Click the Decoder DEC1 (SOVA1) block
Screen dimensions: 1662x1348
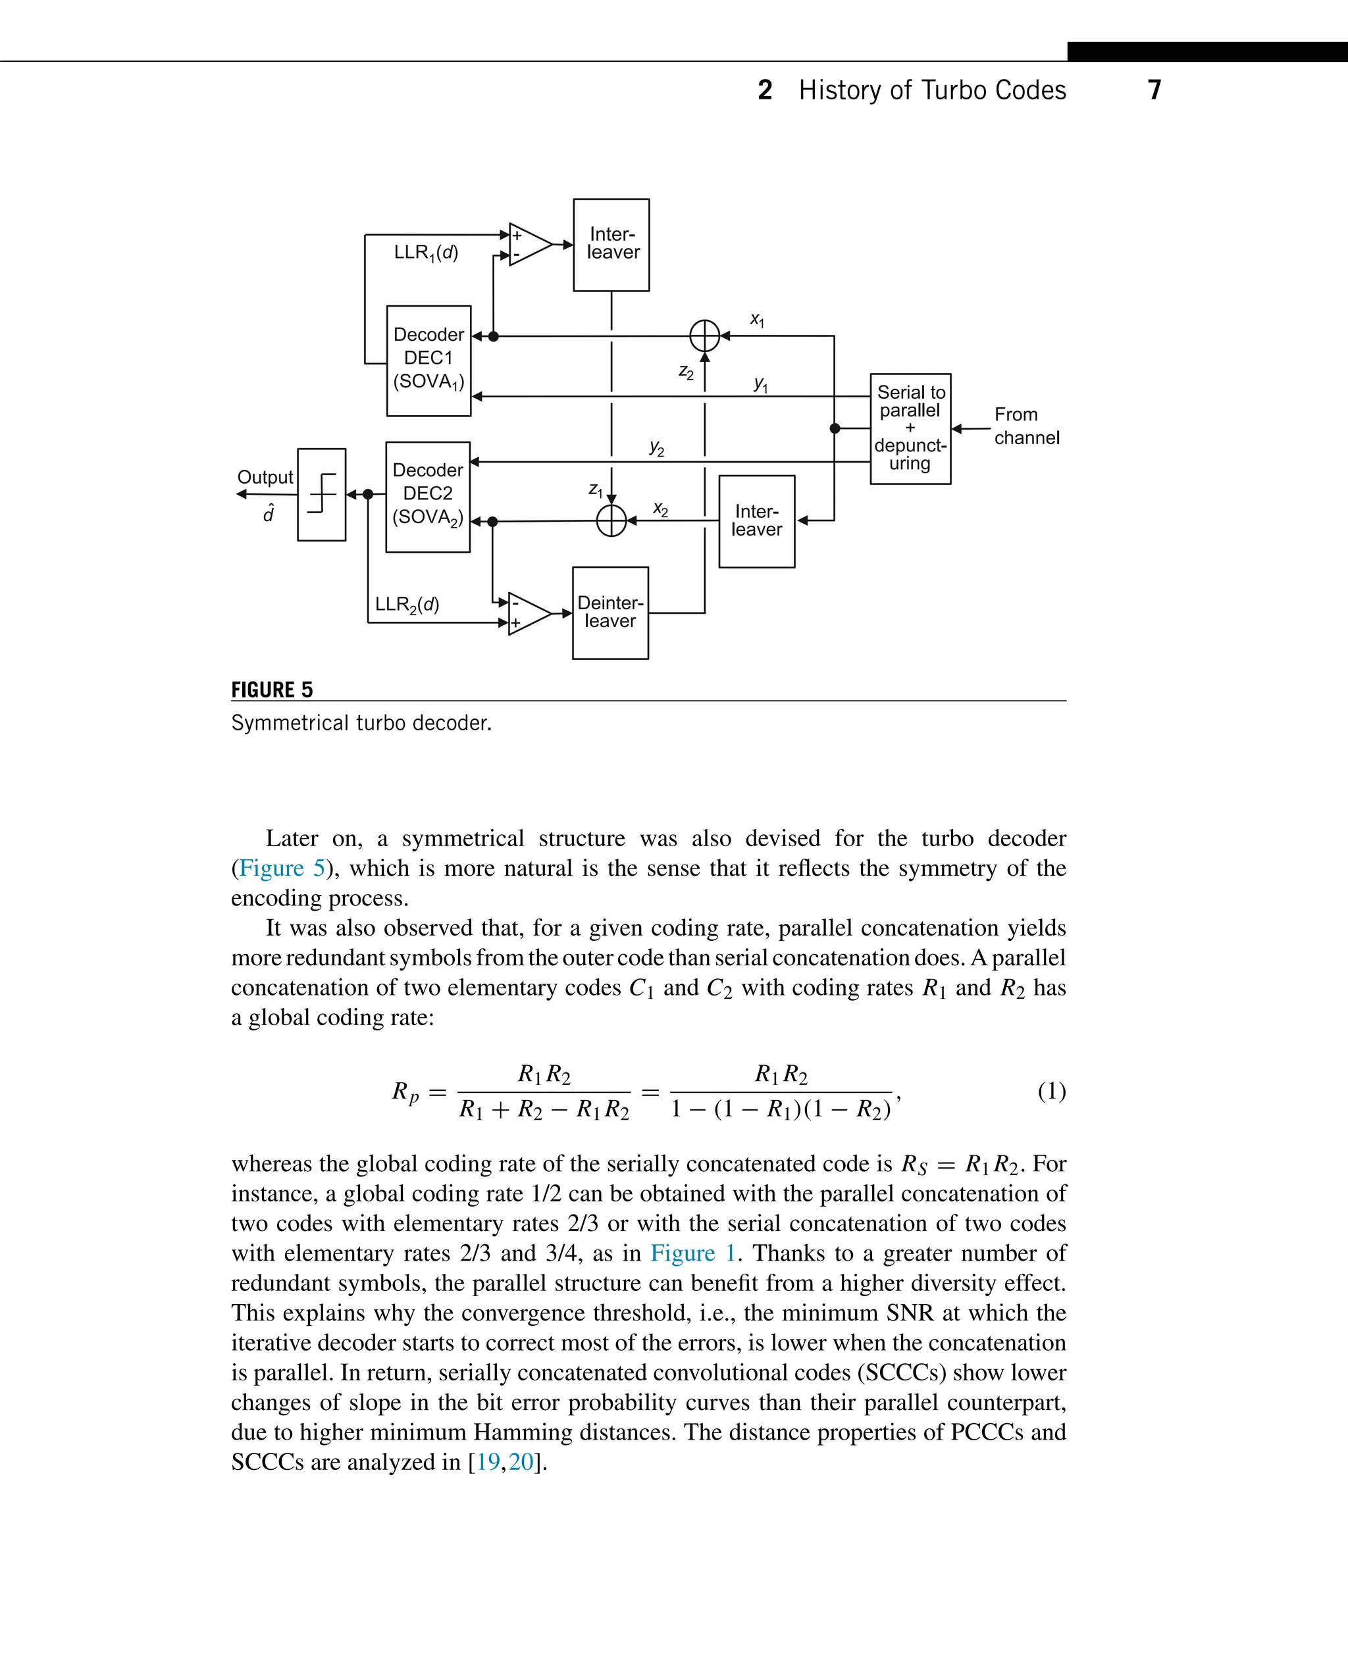click(x=428, y=361)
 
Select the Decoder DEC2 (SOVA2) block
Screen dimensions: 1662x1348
click(x=428, y=497)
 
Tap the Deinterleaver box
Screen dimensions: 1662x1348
click(x=610, y=613)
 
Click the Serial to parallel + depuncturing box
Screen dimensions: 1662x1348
click(x=910, y=428)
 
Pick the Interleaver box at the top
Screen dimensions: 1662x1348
click(x=611, y=245)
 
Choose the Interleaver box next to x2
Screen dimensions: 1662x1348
click(x=756, y=521)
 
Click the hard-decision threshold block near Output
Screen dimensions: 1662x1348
click(x=321, y=495)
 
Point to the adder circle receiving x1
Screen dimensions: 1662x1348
click(x=704, y=336)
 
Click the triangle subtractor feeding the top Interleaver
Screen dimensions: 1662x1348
click(x=528, y=245)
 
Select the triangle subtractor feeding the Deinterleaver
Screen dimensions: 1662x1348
click(x=527, y=613)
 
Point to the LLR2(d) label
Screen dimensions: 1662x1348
click(x=407, y=605)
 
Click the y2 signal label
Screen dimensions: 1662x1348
click(x=657, y=448)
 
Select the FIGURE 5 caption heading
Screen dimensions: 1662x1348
click(x=272, y=690)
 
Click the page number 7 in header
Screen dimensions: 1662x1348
click(x=1154, y=90)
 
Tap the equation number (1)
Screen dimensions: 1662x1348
click(x=1051, y=1092)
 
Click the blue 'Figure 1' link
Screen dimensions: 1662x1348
click(x=692, y=1253)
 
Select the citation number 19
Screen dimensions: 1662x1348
click(x=488, y=1462)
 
